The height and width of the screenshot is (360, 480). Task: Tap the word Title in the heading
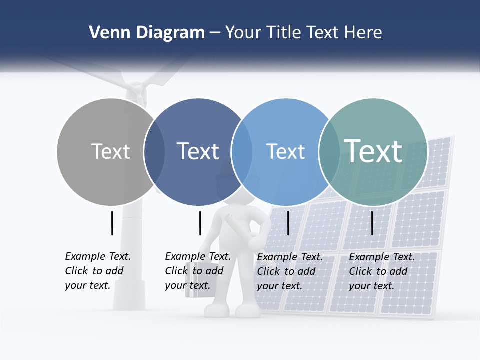click(285, 33)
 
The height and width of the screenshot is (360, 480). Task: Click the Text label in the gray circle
click(110, 151)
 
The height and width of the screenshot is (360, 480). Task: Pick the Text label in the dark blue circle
click(198, 151)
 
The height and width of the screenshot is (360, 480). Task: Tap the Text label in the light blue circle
click(285, 151)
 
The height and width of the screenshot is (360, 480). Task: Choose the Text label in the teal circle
click(373, 151)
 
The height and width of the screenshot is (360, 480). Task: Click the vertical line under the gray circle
click(112, 223)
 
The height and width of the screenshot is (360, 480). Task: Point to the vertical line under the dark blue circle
click(200, 223)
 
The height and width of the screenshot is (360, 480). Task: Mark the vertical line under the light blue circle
click(288, 223)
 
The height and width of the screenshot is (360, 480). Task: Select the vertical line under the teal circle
click(372, 223)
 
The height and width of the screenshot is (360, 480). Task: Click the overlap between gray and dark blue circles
click(154, 152)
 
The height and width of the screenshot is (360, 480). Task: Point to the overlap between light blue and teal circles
click(328, 152)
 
